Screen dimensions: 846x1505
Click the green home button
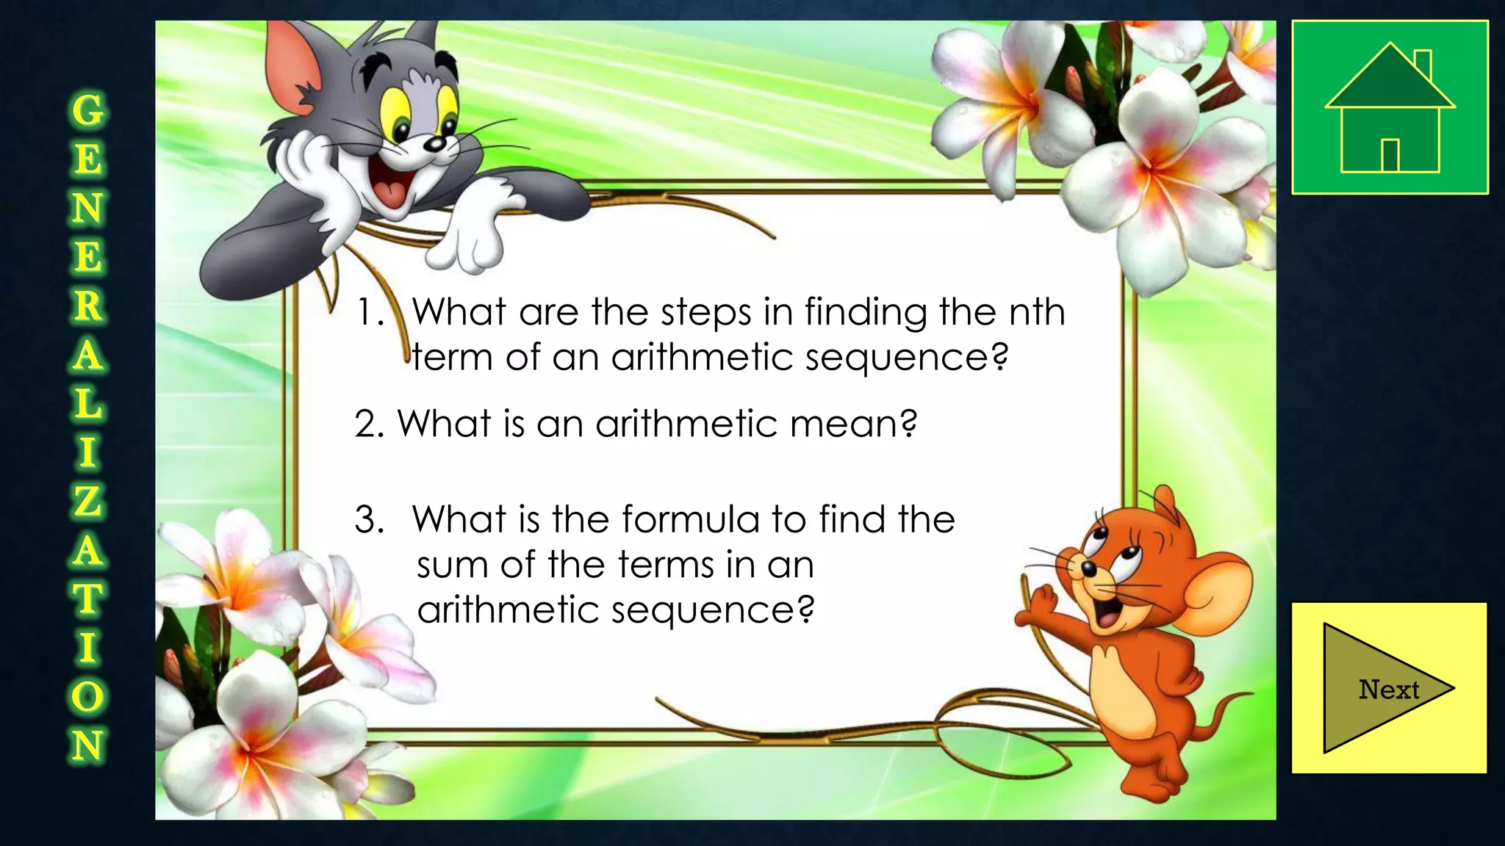coord(1390,107)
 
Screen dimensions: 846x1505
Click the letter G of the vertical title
coord(88,111)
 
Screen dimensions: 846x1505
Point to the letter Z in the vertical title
coord(87,501)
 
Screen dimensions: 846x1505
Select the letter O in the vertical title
coord(87,696)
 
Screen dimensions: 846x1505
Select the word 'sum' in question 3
coord(453,565)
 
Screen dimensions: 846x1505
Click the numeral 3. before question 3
coord(369,520)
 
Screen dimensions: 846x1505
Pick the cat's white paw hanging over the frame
coord(470,235)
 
